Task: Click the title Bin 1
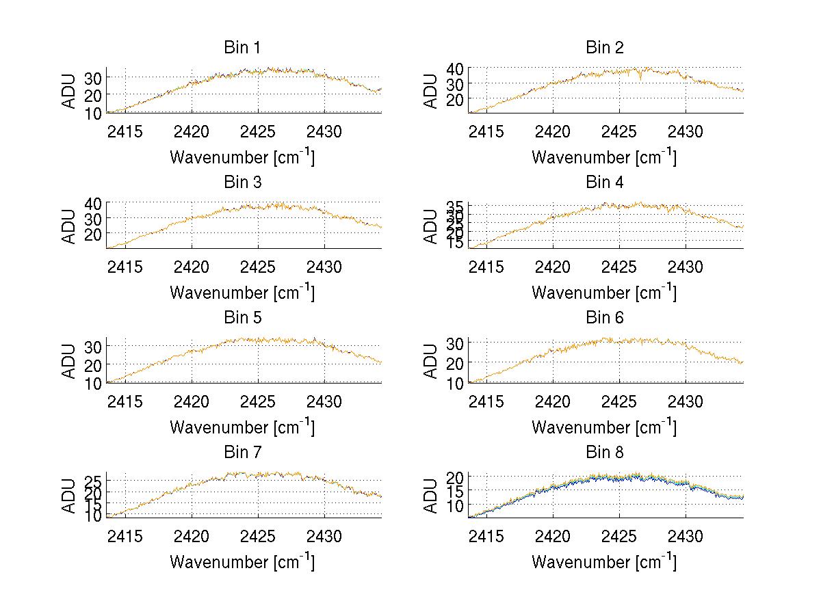(242, 47)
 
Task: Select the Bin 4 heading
(604, 182)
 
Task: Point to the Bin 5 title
(242, 317)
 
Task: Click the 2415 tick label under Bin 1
(125, 131)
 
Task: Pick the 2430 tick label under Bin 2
(686, 131)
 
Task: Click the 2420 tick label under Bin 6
(553, 401)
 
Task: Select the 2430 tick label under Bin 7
(324, 535)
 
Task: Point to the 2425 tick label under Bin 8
(619, 535)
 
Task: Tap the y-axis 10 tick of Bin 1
(93, 112)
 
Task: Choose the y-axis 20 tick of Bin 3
(93, 234)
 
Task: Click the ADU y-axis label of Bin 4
(431, 226)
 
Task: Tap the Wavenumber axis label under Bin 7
(242, 561)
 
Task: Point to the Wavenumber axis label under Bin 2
(604, 157)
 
